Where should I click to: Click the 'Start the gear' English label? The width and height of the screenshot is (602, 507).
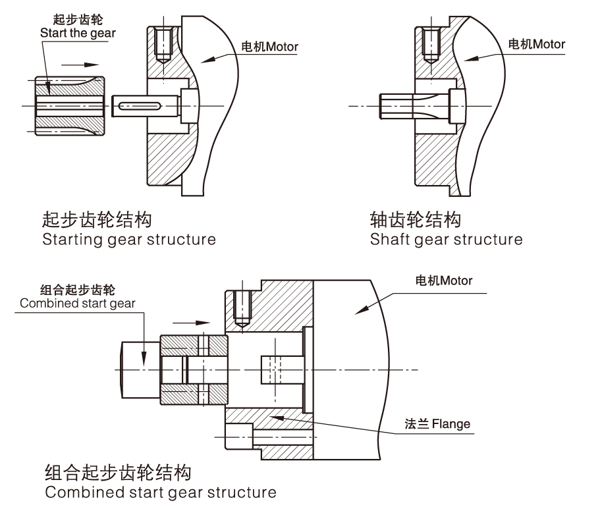[78, 34]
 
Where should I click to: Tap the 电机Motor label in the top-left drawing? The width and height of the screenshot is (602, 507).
[269, 47]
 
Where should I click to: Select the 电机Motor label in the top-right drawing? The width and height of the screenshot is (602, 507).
[536, 44]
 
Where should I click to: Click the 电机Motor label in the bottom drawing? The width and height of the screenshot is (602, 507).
[443, 280]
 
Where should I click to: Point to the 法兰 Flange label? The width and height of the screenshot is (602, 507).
[437, 424]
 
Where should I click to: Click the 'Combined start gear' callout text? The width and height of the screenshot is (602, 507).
[78, 303]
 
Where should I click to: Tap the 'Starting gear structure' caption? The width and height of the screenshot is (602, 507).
[129, 240]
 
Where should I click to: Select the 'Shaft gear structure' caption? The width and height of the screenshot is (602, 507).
[446, 240]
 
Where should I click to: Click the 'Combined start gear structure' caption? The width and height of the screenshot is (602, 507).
[161, 492]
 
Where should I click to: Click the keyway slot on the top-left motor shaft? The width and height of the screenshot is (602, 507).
[140, 106]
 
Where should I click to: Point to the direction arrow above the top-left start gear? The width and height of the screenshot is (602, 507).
[80, 65]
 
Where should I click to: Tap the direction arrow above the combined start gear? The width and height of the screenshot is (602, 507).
[191, 323]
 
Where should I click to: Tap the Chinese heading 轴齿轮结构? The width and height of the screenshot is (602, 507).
[416, 220]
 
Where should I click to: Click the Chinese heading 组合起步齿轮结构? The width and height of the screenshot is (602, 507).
[118, 473]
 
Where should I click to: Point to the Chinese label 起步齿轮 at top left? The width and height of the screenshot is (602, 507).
[78, 20]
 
